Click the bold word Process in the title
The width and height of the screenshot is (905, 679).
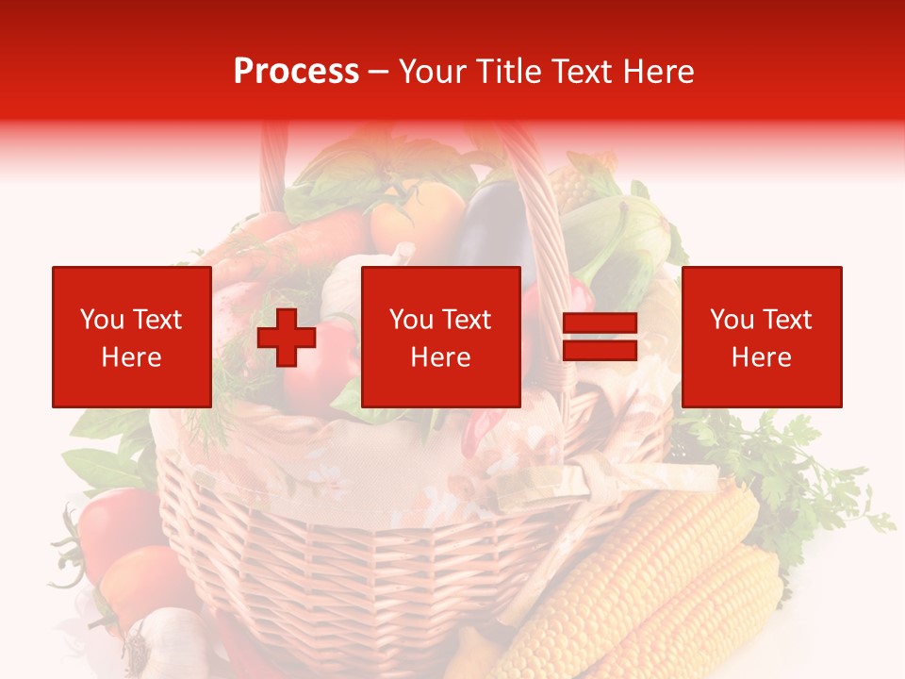[296, 72]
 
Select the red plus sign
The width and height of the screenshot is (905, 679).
[287, 337]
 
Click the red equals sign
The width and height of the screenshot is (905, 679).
[600, 337]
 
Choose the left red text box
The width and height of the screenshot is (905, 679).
[132, 337]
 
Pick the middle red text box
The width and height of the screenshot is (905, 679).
[440, 337]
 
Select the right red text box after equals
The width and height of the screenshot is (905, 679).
[761, 337]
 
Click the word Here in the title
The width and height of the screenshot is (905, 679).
[657, 72]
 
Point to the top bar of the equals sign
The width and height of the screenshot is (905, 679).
[600, 323]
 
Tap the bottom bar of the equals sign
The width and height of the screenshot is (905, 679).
[600, 350]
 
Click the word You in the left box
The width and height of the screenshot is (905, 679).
[101, 320]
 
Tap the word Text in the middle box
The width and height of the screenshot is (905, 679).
[467, 320]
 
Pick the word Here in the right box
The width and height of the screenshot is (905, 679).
[761, 357]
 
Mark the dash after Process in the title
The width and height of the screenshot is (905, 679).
[379, 73]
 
